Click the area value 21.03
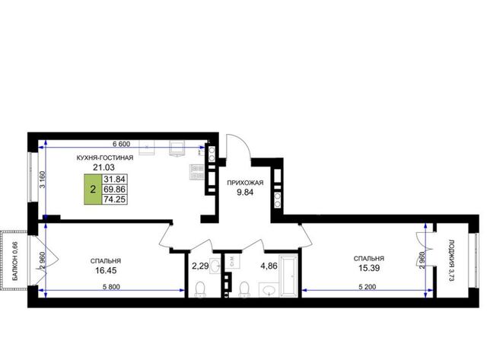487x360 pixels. (x=103, y=167)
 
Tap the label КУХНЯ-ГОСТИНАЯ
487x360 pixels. (x=105, y=158)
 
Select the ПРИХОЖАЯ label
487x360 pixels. (x=245, y=183)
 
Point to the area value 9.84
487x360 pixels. (x=245, y=193)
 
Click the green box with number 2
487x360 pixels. (x=93, y=190)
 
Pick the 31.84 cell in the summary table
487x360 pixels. (x=115, y=179)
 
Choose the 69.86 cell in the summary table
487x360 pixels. (x=115, y=190)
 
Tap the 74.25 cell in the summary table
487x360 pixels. (x=115, y=199)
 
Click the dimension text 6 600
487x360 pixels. (x=121, y=144)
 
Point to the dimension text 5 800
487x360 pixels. (x=111, y=287)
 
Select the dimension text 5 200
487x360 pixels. (x=367, y=287)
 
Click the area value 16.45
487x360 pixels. (x=106, y=270)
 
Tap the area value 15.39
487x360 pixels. (x=369, y=268)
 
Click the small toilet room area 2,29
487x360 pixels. (x=200, y=266)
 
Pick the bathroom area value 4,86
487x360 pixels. (x=269, y=266)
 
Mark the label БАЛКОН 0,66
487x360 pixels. (x=15, y=262)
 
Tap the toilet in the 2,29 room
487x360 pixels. (x=200, y=289)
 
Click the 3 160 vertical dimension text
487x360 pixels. (x=43, y=180)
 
